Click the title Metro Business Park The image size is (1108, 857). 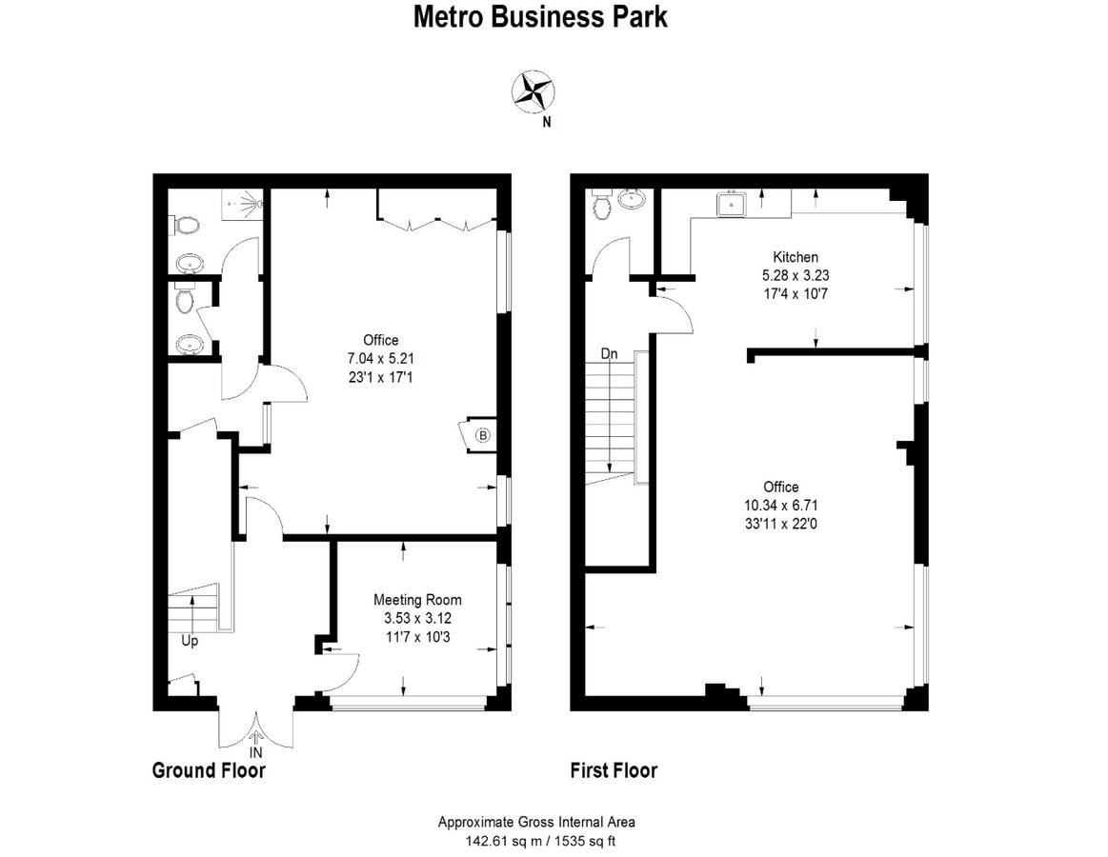pos(540,17)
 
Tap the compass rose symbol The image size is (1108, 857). pos(534,92)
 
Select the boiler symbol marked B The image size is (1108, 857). pos(482,436)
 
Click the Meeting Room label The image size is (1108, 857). pos(417,600)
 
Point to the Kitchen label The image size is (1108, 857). pos(795,257)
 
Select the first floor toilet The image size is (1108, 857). pos(601,205)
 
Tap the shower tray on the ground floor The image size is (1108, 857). pos(244,203)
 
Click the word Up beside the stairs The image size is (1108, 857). pos(190,641)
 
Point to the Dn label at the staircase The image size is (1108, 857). pos(610,353)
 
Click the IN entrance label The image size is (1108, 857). pos(255,752)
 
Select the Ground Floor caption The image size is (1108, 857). pos(209,770)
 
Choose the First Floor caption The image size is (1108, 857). pos(614,770)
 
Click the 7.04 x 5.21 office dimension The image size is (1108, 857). pos(380,358)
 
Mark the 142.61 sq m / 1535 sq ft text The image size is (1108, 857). pos(539,840)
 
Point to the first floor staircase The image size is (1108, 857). pos(610,419)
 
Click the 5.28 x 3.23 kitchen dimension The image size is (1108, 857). pos(795,275)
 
